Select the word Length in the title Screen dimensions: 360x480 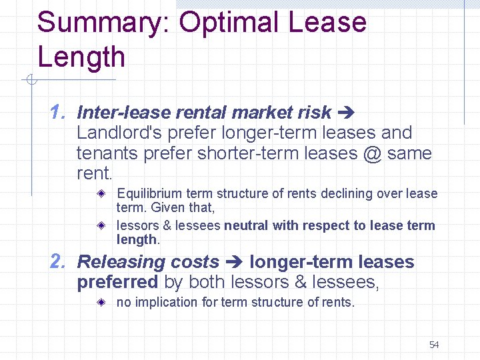81,57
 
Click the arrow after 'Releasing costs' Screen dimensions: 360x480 233,263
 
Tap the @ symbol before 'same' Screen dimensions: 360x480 373,153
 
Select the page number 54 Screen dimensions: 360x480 434,345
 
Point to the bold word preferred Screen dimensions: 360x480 117,283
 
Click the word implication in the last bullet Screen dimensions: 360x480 165,302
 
